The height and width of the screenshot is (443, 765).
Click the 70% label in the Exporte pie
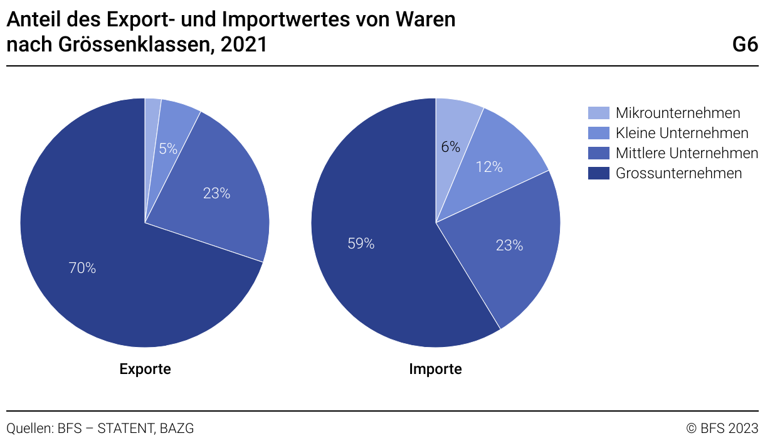tap(82, 268)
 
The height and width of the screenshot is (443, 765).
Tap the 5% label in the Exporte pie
tap(168, 149)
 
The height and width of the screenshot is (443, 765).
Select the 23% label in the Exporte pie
tap(216, 193)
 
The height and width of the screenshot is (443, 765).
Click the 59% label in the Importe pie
tap(361, 243)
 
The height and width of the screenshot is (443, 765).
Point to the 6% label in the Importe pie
tap(450, 147)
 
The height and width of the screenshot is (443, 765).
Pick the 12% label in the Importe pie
tap(489, 167)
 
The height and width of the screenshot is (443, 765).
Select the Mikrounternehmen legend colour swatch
tap(598, 113)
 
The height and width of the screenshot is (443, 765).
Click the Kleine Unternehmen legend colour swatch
tap(598, 133)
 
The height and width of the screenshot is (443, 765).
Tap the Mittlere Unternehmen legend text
tap(687, 153)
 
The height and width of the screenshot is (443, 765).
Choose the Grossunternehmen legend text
tap(678, 173)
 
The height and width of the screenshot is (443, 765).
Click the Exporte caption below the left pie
tap(145, 369)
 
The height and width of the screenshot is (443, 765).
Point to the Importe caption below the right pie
tap(435, 369)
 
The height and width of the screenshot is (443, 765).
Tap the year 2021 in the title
tap(244, 45)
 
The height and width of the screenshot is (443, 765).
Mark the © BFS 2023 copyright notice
tap(722, 429)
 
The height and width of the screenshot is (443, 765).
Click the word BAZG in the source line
tap(177, 429)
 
